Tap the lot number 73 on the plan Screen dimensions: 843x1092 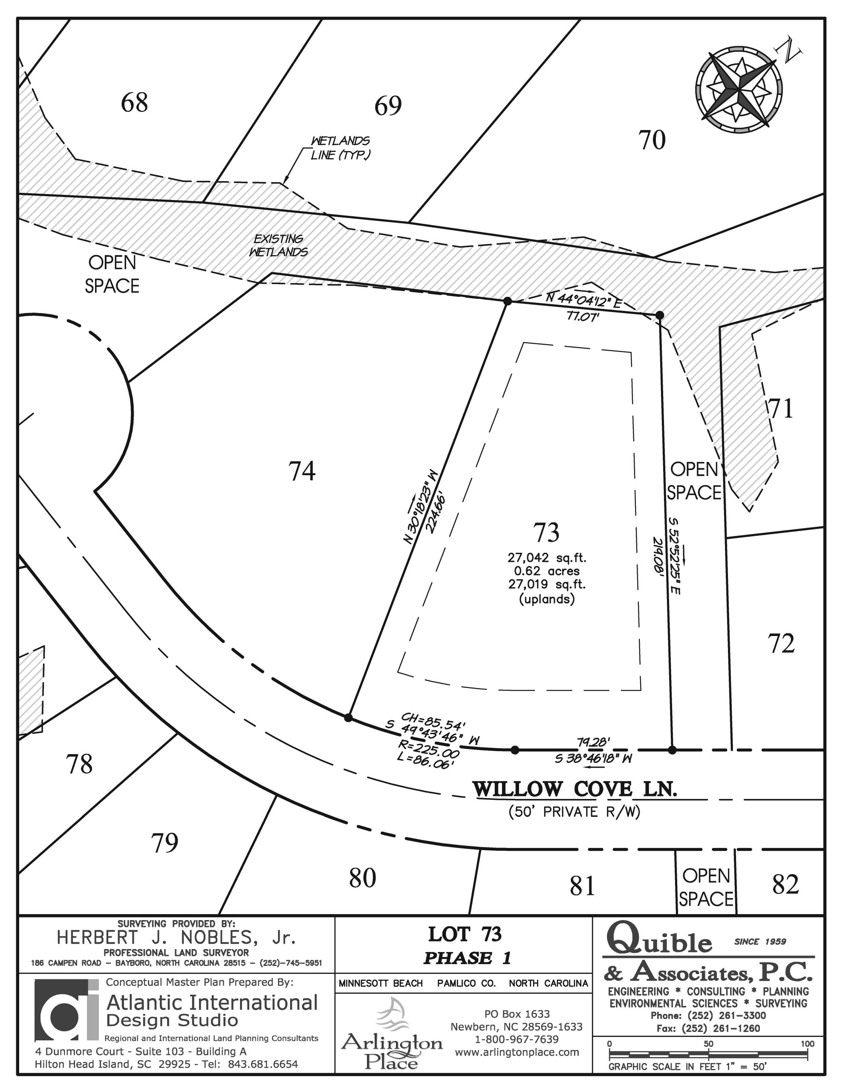pyautogui.click(x=546, y=532)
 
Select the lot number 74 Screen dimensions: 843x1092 pyautogui.click(x=302, y=471)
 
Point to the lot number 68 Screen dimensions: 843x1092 pyautogui.click(x=134, y=102)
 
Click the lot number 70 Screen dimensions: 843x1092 pyautogui.click(x=652, y=140)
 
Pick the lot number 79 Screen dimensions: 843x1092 pyautogui.click(x=165, y=843)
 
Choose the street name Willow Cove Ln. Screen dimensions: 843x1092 pyautogui.click(x=575, y=790)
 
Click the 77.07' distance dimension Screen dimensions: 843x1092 pyautogui.click(x=583, y=317)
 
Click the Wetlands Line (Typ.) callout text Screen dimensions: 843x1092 pyautogui.click(x=340, y=148)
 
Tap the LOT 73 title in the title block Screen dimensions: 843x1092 pyautogui.click(x=465, y=935)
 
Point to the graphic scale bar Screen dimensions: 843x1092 pyautogui.click(x=708, y=1053)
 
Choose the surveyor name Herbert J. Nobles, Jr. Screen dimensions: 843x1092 pyautogui.click(x=176, y=938)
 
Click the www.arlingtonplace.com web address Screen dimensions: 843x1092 pyautogui.click(x=517, y=1052)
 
